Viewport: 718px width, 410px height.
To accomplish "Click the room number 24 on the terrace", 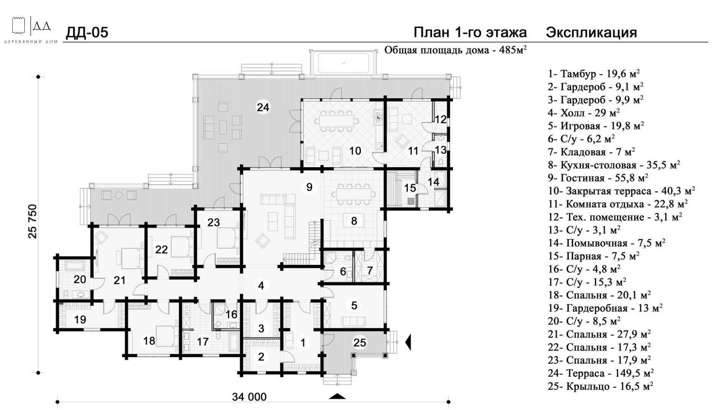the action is tap(263, 107).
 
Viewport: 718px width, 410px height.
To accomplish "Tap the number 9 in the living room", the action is tap(309, 187).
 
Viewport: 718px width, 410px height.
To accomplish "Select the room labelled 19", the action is tap(80, 319).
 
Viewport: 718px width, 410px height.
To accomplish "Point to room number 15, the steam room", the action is tap(410, 188).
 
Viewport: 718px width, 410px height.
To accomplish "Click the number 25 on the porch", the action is tap(359, 343).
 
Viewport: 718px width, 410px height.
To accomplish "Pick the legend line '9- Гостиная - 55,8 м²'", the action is tap(598, 178).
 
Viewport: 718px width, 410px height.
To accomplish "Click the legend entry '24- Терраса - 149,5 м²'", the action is tap(601, 373).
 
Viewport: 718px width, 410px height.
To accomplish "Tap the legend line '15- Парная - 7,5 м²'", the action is tap(593, 256).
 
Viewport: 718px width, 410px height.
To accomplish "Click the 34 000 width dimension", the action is tap(249, 397).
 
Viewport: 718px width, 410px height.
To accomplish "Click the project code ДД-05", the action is tap(87, 33).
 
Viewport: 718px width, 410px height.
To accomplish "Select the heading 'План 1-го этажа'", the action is tap(470, 33).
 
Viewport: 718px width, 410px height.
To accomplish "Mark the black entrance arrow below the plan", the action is tap(337, 396).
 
